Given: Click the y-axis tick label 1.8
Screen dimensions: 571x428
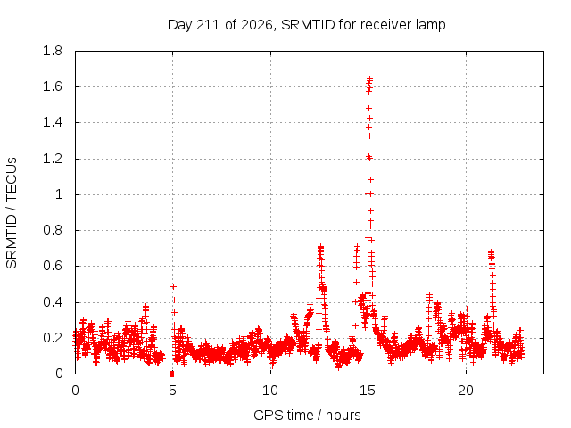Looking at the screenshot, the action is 53,51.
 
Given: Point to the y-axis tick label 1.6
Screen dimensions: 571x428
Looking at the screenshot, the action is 53,87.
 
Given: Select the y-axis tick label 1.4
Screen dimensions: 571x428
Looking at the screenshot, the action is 53,123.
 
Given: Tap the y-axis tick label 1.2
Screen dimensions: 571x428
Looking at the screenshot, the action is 53,159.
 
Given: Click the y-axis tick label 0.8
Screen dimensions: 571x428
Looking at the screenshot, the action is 53,230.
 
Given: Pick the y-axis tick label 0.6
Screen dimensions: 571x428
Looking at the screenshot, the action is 53,266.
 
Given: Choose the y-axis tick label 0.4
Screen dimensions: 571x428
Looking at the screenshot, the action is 53,302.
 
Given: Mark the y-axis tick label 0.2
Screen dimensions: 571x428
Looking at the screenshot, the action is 53,338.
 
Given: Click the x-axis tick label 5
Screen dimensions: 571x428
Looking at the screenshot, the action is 172,391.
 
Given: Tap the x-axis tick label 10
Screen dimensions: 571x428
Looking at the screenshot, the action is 270,391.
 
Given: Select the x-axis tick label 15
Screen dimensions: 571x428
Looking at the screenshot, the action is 368,391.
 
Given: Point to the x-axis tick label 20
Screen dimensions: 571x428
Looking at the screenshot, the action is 466,391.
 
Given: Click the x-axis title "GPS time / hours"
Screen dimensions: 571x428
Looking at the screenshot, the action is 307,416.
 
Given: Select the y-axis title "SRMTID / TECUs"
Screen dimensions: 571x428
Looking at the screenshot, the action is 12,213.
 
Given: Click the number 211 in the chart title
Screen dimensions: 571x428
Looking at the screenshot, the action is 208,25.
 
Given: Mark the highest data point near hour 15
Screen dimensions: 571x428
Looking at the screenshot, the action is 369,78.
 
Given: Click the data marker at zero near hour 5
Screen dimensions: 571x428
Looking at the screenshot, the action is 172,374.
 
